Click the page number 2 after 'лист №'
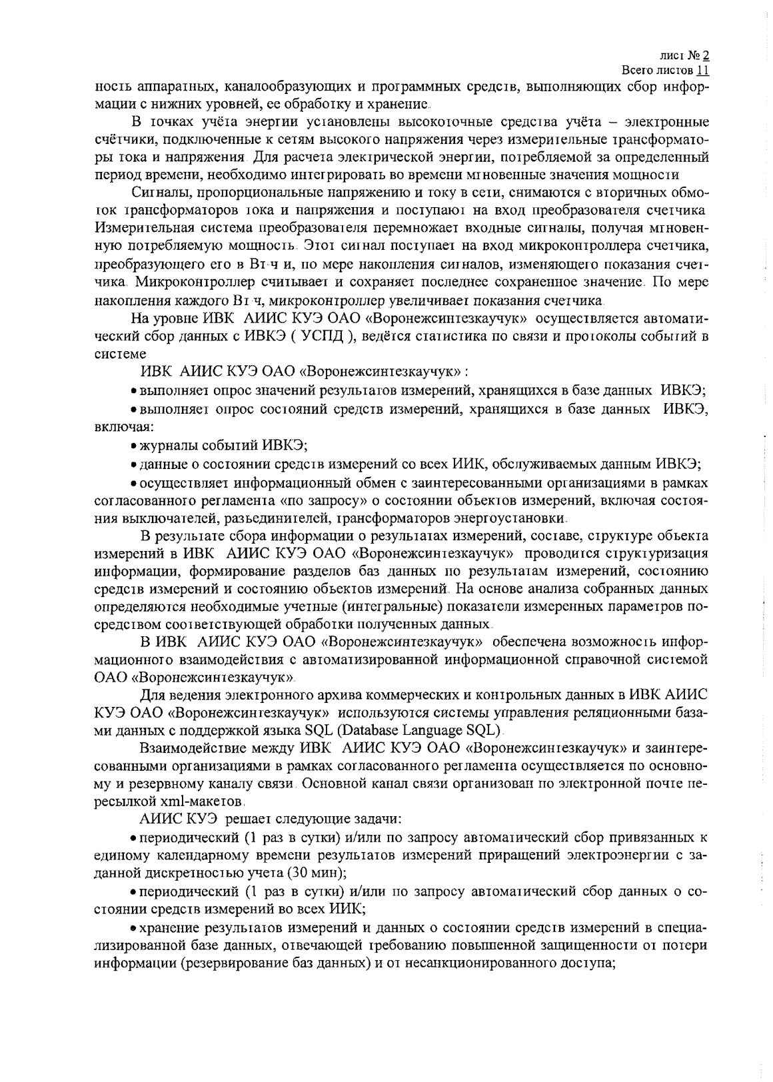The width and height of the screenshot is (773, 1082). tap(706, 57)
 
